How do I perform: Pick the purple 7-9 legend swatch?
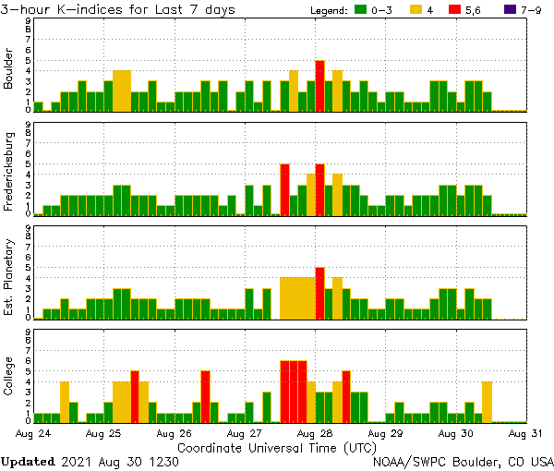coord(504,9)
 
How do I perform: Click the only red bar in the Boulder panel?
coord(319,86)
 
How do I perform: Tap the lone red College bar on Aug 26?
coord(205,396)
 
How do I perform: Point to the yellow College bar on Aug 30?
coord(487,402)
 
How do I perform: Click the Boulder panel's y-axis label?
coord(9,68)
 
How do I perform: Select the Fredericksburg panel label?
coord(9,172)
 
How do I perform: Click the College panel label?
coord(9,380)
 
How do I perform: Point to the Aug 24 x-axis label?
coord(33,432)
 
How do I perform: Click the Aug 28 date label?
coord(315,432)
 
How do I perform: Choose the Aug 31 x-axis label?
coord(524,432)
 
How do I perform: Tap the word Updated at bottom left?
coord(30,460)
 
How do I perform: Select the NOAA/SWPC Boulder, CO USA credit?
coord(463,460)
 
